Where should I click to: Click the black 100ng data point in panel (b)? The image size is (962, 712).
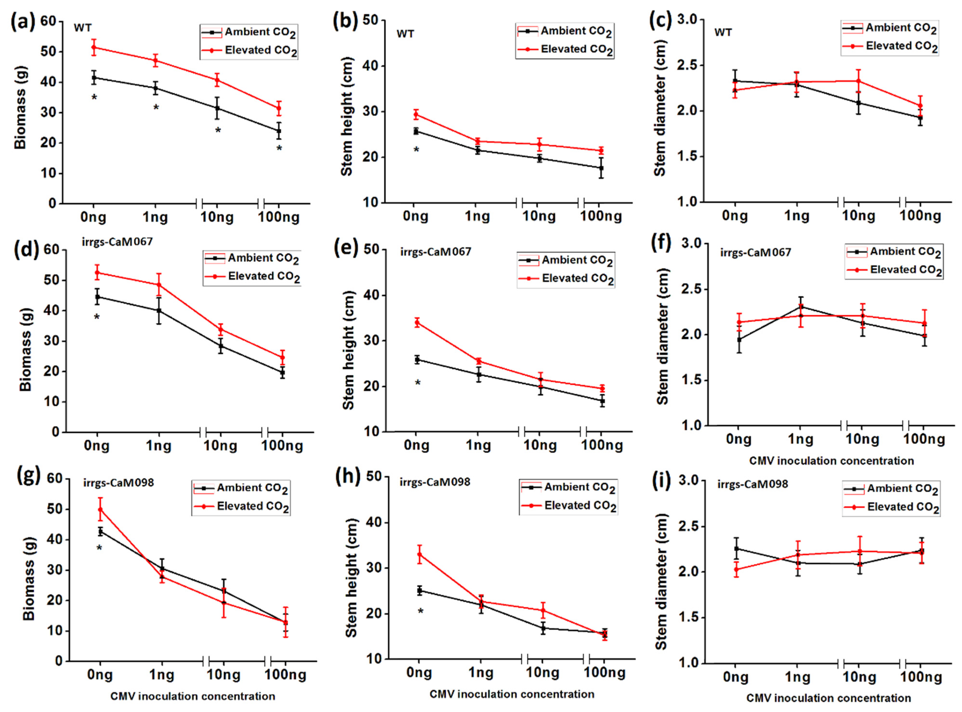(601, 168)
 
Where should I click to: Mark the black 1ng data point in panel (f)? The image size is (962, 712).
(801, 306)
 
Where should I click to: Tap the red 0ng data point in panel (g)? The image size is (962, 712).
(100, 509)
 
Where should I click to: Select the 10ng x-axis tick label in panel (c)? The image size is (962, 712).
(858, 215)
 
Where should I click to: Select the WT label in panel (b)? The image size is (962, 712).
(405, 34)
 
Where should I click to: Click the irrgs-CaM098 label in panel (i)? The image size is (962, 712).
(752, 484)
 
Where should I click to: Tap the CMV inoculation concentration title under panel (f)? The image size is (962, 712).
(831, 461)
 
